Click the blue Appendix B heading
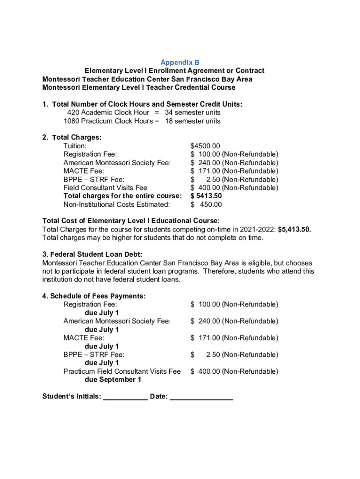pos(180,62)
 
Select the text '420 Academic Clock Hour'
pos(108,113)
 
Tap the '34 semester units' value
pos(192,113)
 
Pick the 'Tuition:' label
pos(75,146)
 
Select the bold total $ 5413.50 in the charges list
pos(206,196)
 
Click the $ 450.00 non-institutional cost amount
pos(206,204)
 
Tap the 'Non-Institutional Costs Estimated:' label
pos(116,204)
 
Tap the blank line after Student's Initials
pos(125,397)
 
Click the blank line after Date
pos(201,397)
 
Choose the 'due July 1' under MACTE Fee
pos(101,347)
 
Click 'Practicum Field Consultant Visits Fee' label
pos(122,371)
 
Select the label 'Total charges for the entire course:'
pos(122,196)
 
